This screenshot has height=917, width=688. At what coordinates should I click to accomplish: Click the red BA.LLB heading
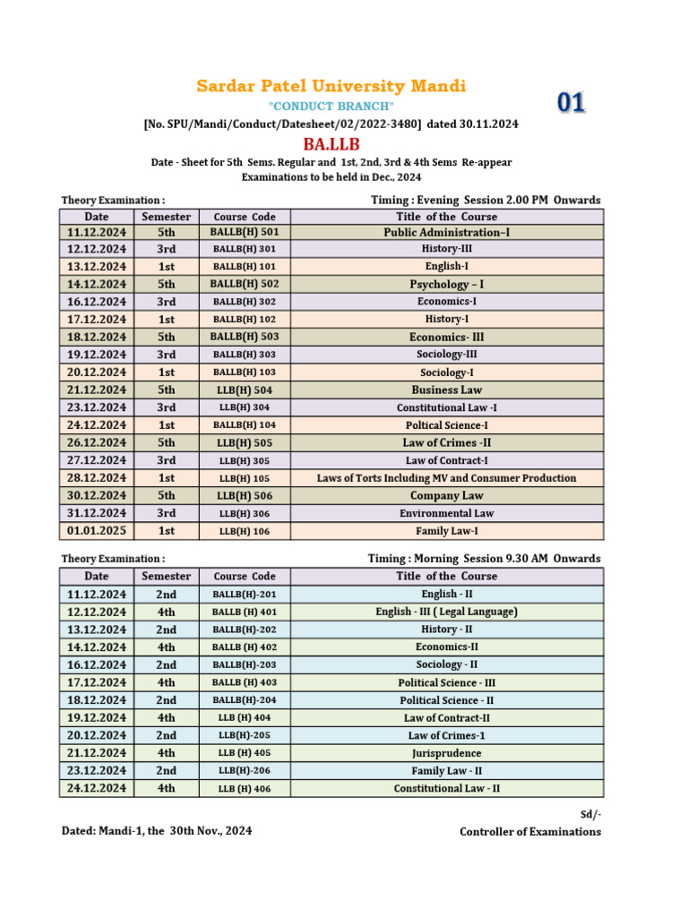[331, 145]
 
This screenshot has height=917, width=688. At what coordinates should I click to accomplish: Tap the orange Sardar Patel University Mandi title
[331, 86]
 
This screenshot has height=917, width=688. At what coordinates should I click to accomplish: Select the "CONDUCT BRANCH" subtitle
[331, 107]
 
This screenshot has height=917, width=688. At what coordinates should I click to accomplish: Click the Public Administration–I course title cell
[447, 232]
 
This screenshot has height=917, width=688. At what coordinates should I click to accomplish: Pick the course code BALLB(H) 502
[244, 284]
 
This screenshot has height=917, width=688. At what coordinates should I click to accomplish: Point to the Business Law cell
[447, 390]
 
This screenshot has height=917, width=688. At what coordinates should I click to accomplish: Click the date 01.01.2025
[97, 531]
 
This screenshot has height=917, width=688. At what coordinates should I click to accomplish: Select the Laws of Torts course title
[447, 478]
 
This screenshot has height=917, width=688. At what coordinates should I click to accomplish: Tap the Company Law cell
[447, 495]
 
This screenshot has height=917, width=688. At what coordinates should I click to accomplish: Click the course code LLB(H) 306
[244, 514]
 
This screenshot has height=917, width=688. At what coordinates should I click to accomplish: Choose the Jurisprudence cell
[447, 753]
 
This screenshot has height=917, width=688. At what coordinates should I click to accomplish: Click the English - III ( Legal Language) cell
[447, 612]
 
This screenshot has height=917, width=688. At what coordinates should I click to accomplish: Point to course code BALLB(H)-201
[244, 595]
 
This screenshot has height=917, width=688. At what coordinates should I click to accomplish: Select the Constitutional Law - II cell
[447, 789]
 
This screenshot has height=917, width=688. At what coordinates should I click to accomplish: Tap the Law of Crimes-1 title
[447, 735]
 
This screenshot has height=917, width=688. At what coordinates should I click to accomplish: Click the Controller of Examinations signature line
[530, 832]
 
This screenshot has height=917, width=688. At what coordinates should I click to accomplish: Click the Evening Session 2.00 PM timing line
[486, 200]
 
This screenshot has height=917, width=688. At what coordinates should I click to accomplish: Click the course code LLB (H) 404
[244, 718]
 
